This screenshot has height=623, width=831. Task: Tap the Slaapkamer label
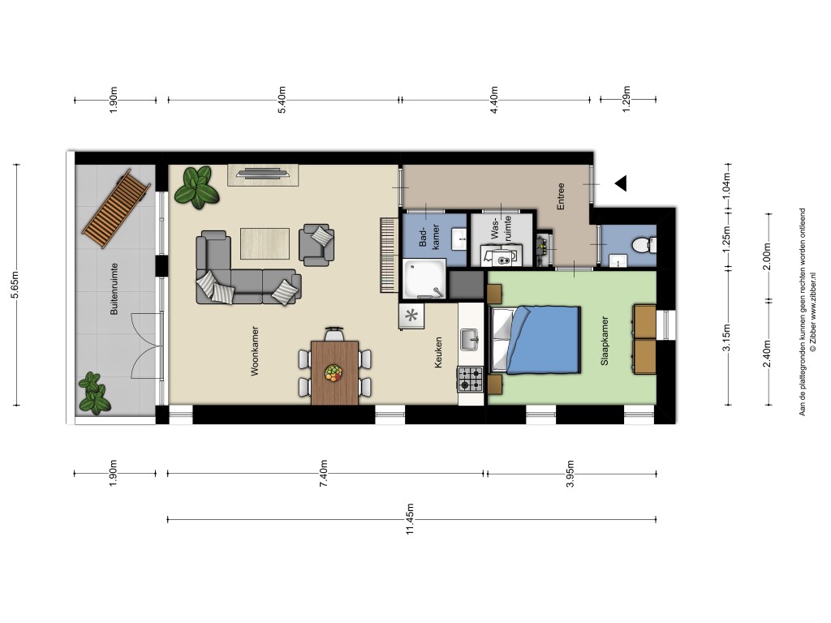(604, 341)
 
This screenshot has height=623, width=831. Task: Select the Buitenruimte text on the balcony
(114, 290)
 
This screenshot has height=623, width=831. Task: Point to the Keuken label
(437, 353)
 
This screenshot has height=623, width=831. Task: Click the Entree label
(561, 196)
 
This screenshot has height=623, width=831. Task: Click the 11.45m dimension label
(410, 519)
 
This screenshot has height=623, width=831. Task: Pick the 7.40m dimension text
(324, 474)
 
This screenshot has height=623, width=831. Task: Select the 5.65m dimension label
(16, 285)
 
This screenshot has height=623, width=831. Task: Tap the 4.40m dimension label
(494, 100)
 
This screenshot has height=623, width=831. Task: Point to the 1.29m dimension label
(626, 99)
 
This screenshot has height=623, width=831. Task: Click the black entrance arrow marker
(621, 183)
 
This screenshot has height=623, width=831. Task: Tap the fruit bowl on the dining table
(334, 372)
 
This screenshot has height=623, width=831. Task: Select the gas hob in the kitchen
(470, 380)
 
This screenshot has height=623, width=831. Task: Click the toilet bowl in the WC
(643, 245)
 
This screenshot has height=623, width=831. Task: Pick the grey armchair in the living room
(316, 245)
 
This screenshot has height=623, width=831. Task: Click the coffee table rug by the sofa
(265, 243)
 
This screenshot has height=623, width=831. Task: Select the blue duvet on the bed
(544, 340)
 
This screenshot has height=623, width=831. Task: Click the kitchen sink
(470, 340)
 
